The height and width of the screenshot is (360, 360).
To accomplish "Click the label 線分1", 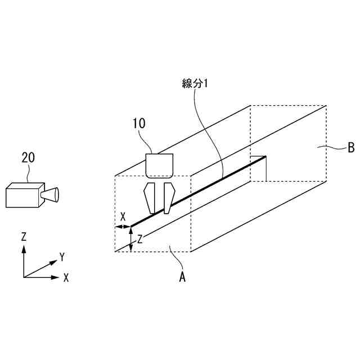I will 195,83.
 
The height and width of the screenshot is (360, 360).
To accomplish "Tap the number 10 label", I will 139,122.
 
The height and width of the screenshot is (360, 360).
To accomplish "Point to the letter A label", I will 182,276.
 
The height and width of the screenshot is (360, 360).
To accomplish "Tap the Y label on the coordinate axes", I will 62,257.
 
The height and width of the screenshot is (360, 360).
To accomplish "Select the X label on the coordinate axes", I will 66,277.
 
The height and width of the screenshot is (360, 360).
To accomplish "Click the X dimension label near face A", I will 123,216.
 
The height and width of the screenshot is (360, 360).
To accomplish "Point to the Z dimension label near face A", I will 140,238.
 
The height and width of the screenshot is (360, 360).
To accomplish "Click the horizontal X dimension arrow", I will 123,227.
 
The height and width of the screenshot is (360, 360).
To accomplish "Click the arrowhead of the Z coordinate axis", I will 24,248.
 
